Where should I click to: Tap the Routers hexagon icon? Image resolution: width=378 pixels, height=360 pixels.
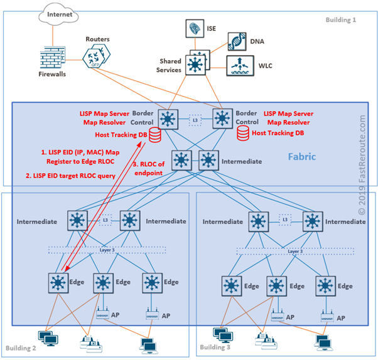point(95,56)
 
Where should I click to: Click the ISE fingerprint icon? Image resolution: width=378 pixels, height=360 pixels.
point(194,28)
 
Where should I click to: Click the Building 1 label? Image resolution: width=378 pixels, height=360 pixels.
point(341,20)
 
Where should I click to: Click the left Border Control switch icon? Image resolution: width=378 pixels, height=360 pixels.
point(168,117)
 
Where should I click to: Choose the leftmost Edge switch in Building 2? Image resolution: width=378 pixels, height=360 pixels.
point(58,283)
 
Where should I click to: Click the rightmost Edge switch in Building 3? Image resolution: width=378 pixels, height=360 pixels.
point(325,286)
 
